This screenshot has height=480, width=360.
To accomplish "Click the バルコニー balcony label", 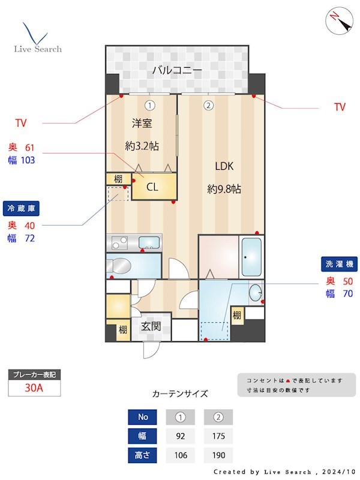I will pos(176,70).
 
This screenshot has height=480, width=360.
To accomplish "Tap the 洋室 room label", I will pos(142,124).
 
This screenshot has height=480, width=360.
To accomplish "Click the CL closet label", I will pos(153,187).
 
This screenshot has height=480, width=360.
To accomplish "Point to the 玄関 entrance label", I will pos(150,327).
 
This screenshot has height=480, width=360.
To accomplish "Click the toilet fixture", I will pos(120,266).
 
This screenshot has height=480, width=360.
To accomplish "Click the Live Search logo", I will pos(37,38).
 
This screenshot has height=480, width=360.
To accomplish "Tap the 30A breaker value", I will pos(34,388).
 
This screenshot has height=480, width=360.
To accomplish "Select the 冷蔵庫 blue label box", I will pos(21,208).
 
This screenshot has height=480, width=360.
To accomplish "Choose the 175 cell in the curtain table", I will pos(218,436).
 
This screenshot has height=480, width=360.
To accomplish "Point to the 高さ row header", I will pos(143,455).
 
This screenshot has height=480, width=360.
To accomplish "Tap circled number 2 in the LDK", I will pos(208,106).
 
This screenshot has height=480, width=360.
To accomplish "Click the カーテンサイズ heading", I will pos(180,394).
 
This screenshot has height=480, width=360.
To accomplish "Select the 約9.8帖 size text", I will pos(224,189).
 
